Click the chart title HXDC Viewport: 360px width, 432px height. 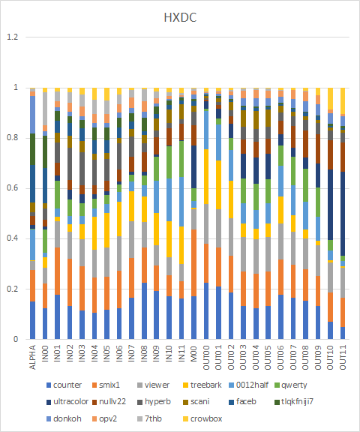(x=180, y=18)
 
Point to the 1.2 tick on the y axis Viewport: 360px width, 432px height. (x=13, y=37)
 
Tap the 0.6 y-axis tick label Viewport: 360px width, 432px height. (x=13, y=188)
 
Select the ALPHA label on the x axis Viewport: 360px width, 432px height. (x=32, y=357)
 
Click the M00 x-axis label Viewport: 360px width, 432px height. (x=193, y=354)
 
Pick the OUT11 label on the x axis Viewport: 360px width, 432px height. (x=343, y=357)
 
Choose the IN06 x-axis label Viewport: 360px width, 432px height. (x=119, y=354)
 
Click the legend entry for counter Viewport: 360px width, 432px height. (x=64, y=385)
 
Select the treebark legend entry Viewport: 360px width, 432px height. (x=202, y=385)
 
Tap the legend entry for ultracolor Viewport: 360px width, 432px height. (x=67, y=402)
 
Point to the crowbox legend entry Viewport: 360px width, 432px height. (x=202, y=418)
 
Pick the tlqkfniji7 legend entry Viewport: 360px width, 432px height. (x=294, y=402)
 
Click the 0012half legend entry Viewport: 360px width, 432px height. (x=248, y=385)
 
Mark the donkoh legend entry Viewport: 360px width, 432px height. (x=64, y=418)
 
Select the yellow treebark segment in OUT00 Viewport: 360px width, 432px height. (x=206, y=176)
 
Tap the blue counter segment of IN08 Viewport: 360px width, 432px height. (x=144, y=310)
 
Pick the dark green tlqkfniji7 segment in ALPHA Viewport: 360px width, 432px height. (x=32, y=149)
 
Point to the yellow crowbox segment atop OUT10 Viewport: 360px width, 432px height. (x=330, y=99)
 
